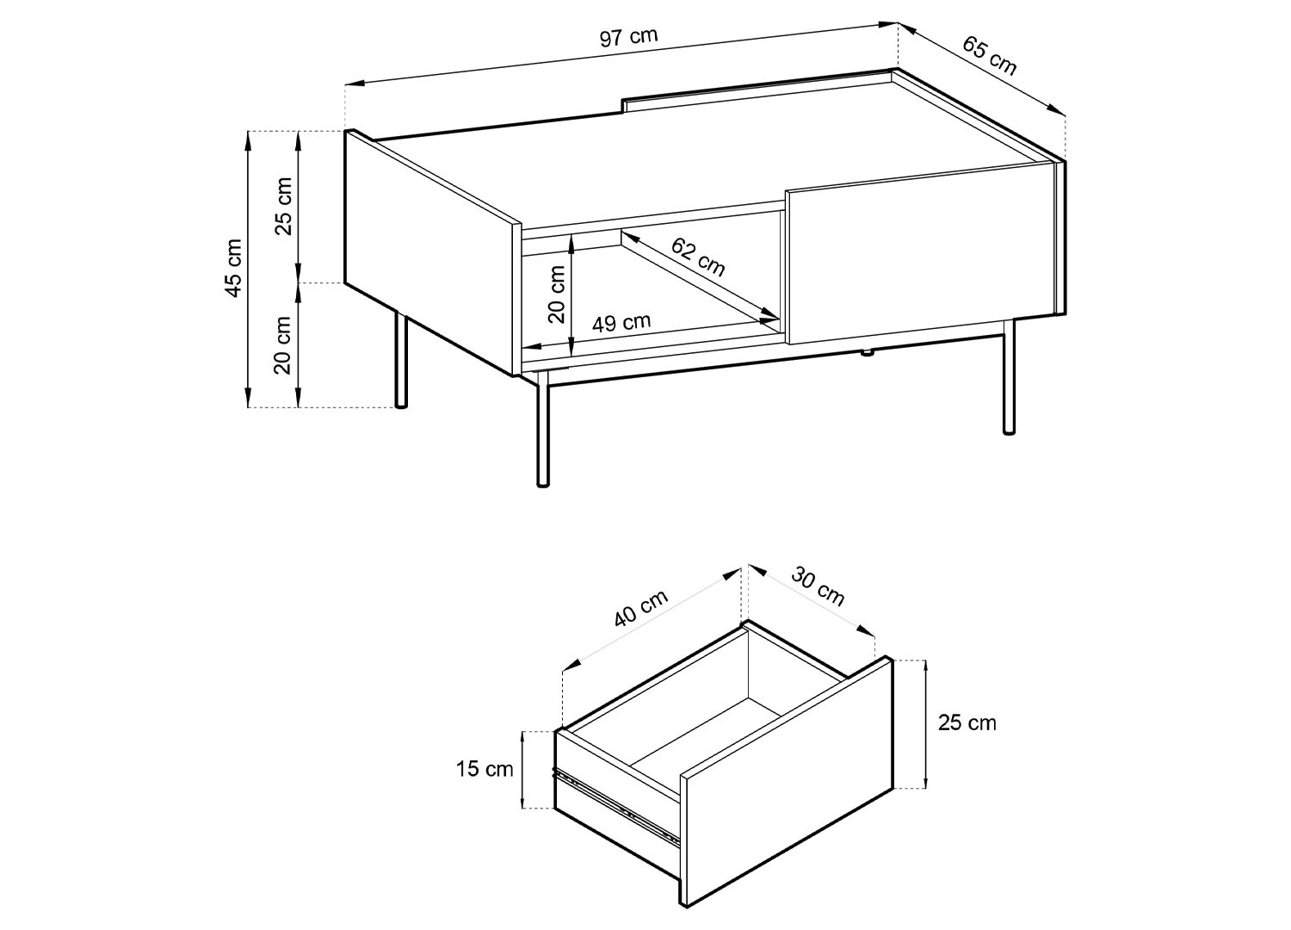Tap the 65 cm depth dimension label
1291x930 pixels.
click(x=989, y=55)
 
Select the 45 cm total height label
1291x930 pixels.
click(x=234, y=268)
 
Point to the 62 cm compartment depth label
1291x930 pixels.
click(x=697, y=257)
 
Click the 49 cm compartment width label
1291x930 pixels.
click(x=621, y=322)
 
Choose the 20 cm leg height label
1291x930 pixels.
click(x=283, y=345)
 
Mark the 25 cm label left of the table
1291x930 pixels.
click(x=283, y=206)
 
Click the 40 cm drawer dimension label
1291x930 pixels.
click(x=640, y=608)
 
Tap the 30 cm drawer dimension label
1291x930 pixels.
click(x=818, y=587)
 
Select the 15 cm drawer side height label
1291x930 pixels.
click(x=484, y=769)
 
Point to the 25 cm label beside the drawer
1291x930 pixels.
click(x=967, y=722)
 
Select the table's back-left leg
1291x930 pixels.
click(x=400, y=360)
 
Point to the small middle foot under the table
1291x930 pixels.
click(x=866, y=353)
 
